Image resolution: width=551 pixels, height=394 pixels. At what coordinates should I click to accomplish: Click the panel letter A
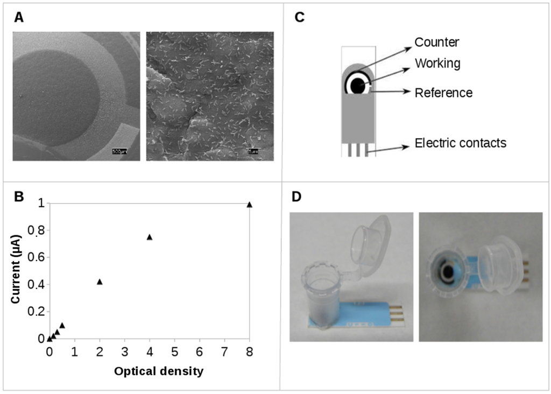(x=19, y=17)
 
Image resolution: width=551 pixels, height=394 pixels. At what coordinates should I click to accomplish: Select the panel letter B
(x=19, y=196)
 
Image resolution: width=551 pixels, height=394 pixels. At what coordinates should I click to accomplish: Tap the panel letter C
(x=300, y=17)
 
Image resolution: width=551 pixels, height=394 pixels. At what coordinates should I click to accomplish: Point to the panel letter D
(x=297, y=196)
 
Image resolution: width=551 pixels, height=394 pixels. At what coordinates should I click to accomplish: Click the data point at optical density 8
(x=249, y=205)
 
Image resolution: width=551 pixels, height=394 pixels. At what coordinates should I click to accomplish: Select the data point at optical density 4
(x=150, y=237)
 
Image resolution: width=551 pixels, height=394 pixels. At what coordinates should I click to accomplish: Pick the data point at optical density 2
(x=100, y=282)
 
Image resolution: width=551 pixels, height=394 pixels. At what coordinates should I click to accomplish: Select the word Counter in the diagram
(x=437, y=41)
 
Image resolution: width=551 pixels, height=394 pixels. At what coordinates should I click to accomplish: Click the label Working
(x=437, y=64)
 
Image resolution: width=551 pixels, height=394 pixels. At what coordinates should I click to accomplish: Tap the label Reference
(x=443, y=93)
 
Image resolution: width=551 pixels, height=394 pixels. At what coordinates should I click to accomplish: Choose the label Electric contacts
(x=461, y=143)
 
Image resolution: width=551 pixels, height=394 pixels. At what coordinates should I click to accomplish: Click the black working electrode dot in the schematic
(x=358, y=84)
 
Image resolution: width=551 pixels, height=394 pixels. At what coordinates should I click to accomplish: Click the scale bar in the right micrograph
(x=254, y=151)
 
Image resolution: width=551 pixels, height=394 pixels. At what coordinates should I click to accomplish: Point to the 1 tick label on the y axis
(x=40, y=203)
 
